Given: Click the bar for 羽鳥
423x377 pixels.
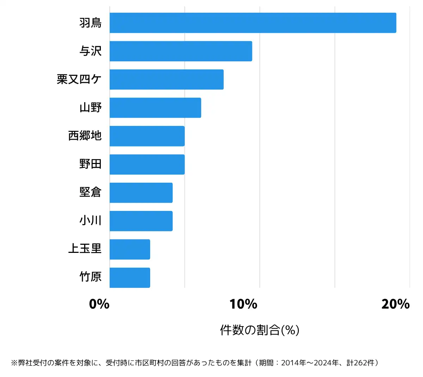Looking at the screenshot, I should (x=253, y=23).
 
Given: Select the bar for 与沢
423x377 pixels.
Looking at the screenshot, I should (x=181, y=51).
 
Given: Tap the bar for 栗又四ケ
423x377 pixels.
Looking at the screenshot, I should (x=166, y=79).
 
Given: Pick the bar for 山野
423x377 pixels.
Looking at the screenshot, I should (x=155, y=108).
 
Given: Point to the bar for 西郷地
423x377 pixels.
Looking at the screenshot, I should (x=147, y=136).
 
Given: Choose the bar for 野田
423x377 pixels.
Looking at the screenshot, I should (x=147, y=164).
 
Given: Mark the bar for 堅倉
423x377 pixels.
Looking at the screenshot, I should (x=141, y=193).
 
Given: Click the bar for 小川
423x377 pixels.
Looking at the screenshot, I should (x=141, y=221).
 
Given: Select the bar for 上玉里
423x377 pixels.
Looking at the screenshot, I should (x=130, y=249).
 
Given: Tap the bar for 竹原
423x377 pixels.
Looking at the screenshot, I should (x=130, y=278).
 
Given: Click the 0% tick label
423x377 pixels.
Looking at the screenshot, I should (x=99, y=304).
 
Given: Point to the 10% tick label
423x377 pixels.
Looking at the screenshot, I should (x=243, y=304).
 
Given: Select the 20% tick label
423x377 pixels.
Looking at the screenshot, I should (x=396, y=304).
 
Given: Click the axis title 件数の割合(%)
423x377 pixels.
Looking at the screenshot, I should (x=259, y=330).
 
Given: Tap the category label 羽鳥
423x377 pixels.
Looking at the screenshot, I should (x=91, y=23).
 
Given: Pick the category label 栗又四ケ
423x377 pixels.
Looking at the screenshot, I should (x=79, y=79).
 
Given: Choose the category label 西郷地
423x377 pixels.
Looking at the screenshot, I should (x=85, y=136).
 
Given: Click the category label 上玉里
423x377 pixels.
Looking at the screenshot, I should (x=85, y=249).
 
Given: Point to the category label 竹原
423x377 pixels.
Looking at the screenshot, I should (x=91, y=277).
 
